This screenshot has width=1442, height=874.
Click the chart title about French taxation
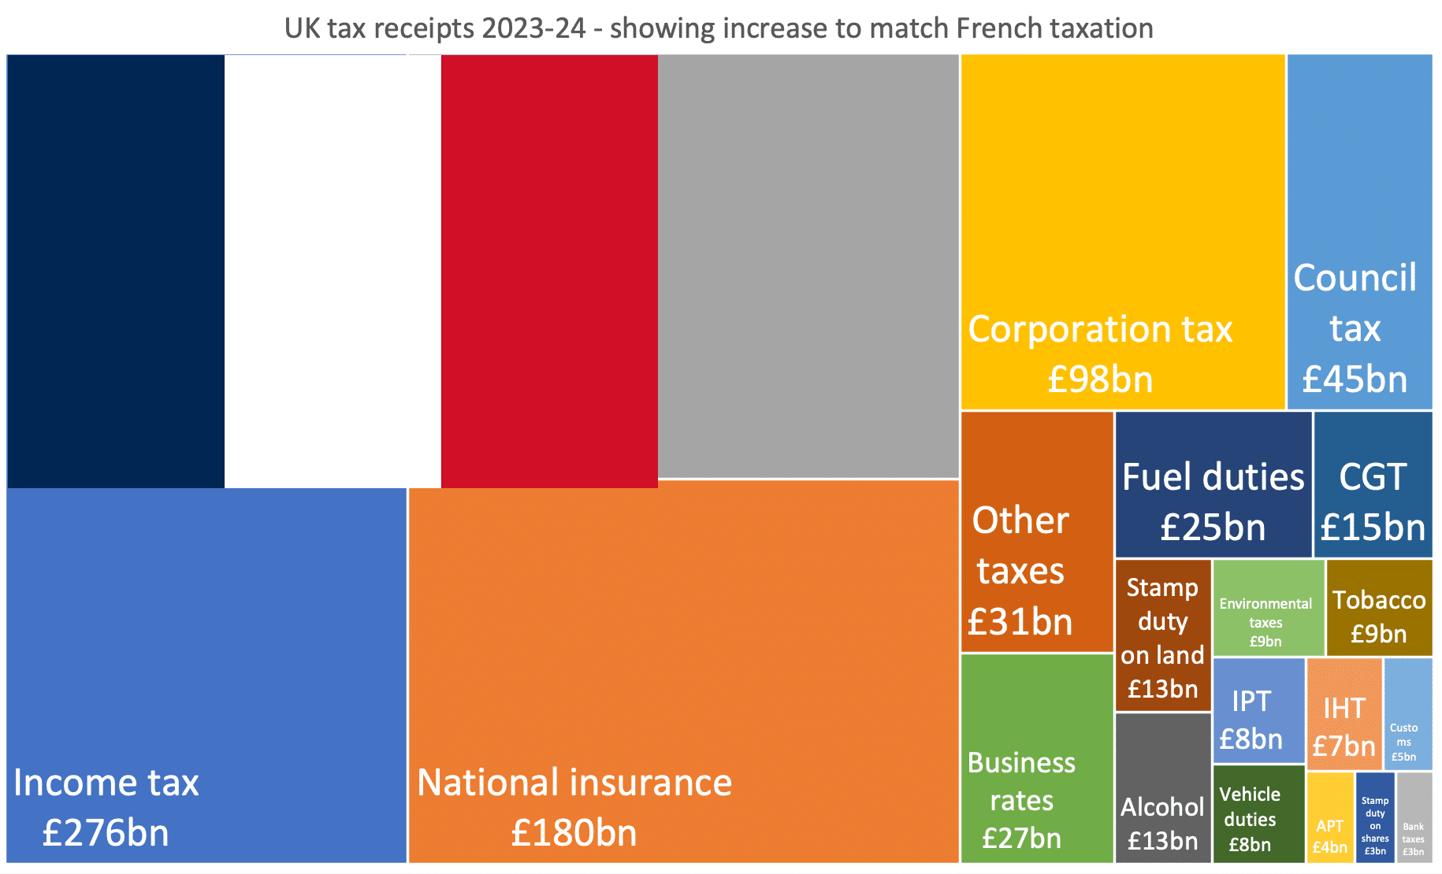pos(719,28)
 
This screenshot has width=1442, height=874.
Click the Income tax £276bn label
pos(106,807)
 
